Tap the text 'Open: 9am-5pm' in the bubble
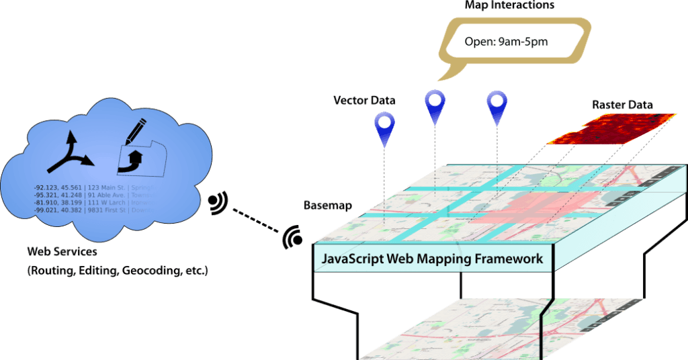pos(506,42)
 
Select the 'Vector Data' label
pos(364,101)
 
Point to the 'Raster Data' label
pos(622,105)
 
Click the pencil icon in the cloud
pos(136,131)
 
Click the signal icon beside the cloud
pos(217,203)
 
